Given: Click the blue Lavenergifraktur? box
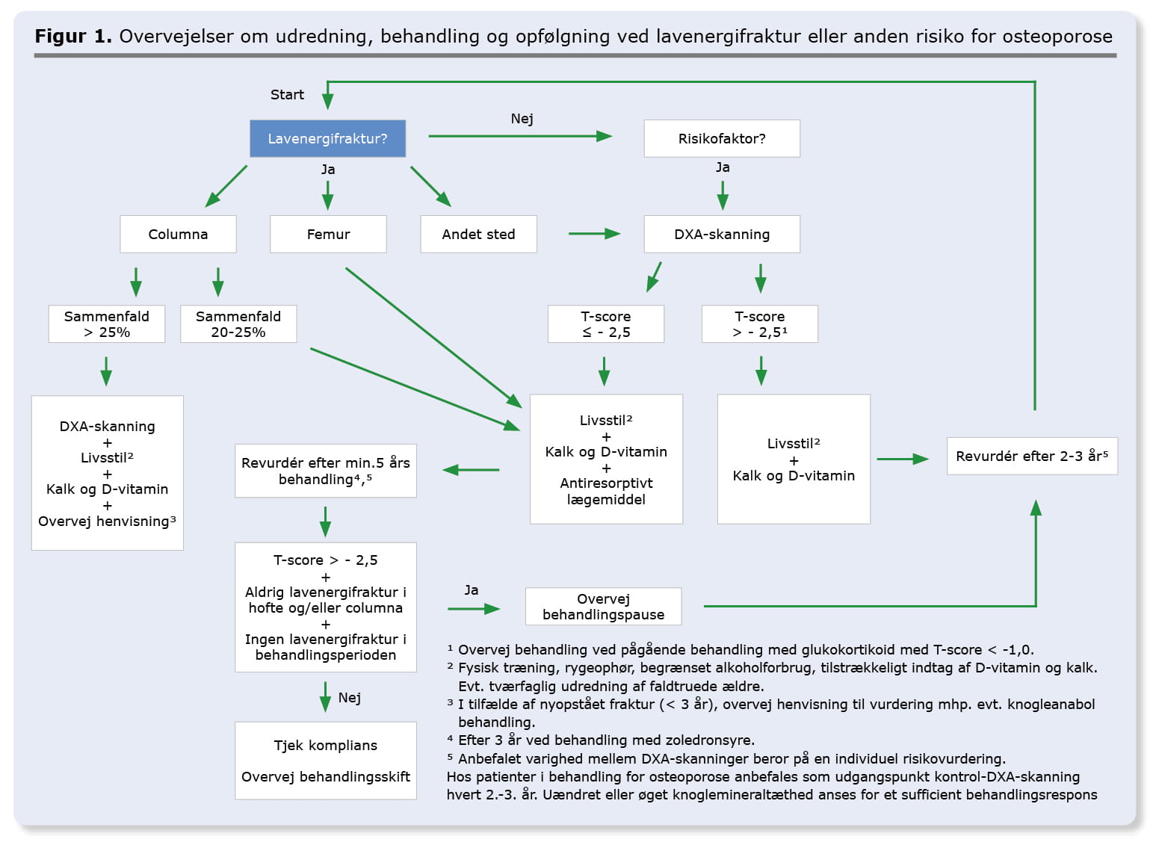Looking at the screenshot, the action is (x=328, y=138).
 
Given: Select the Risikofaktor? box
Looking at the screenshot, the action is (x=722, y=138).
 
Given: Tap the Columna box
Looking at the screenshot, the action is (x=178, y=235).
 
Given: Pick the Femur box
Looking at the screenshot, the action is (x=328, y=235).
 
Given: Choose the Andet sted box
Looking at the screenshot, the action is (x=478, y=235).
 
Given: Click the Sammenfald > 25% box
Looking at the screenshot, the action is (x=107, y=324).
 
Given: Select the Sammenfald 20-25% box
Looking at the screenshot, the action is (x=238, y=324).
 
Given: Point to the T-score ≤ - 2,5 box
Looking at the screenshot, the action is (x=606, y=324).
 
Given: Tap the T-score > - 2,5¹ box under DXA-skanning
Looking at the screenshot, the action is (x=760, y=324).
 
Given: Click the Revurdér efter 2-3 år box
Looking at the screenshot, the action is (x=1032, y=457).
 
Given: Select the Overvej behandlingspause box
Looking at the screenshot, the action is (x=603, y=607).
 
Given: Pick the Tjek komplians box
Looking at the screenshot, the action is (x=326, y=761).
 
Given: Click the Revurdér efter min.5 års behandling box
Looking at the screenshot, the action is (x=326, y=471).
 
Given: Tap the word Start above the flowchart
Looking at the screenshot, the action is (x=287, y=94).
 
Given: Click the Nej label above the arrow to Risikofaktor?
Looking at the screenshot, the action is (x=522, y=119).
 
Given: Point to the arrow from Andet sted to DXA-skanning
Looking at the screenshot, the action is (x=595, y=234).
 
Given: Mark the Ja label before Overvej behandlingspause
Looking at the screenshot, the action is (x=472, y=589).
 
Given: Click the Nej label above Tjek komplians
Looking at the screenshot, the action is (x=350, y=698).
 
